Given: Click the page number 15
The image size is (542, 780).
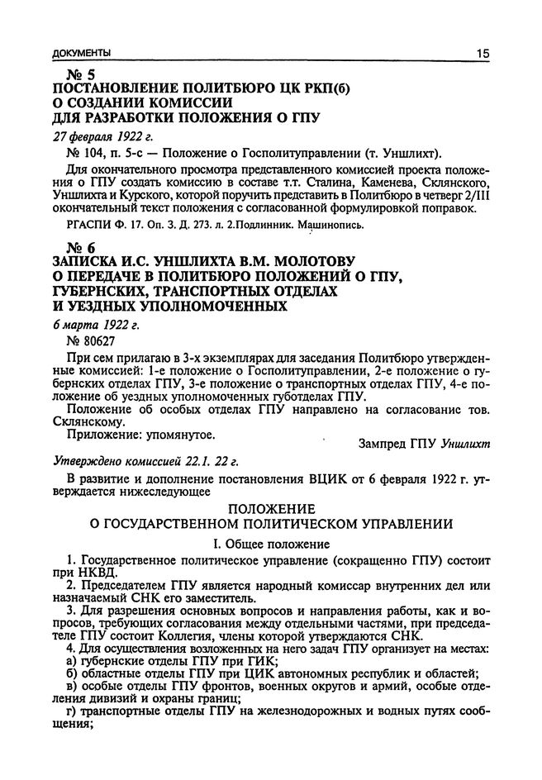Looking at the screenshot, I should [x=482, y=54].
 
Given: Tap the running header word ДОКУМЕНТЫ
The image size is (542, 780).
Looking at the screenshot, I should [x=81, y=55].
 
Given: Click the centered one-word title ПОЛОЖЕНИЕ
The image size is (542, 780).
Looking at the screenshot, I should [x=271, y=508].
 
